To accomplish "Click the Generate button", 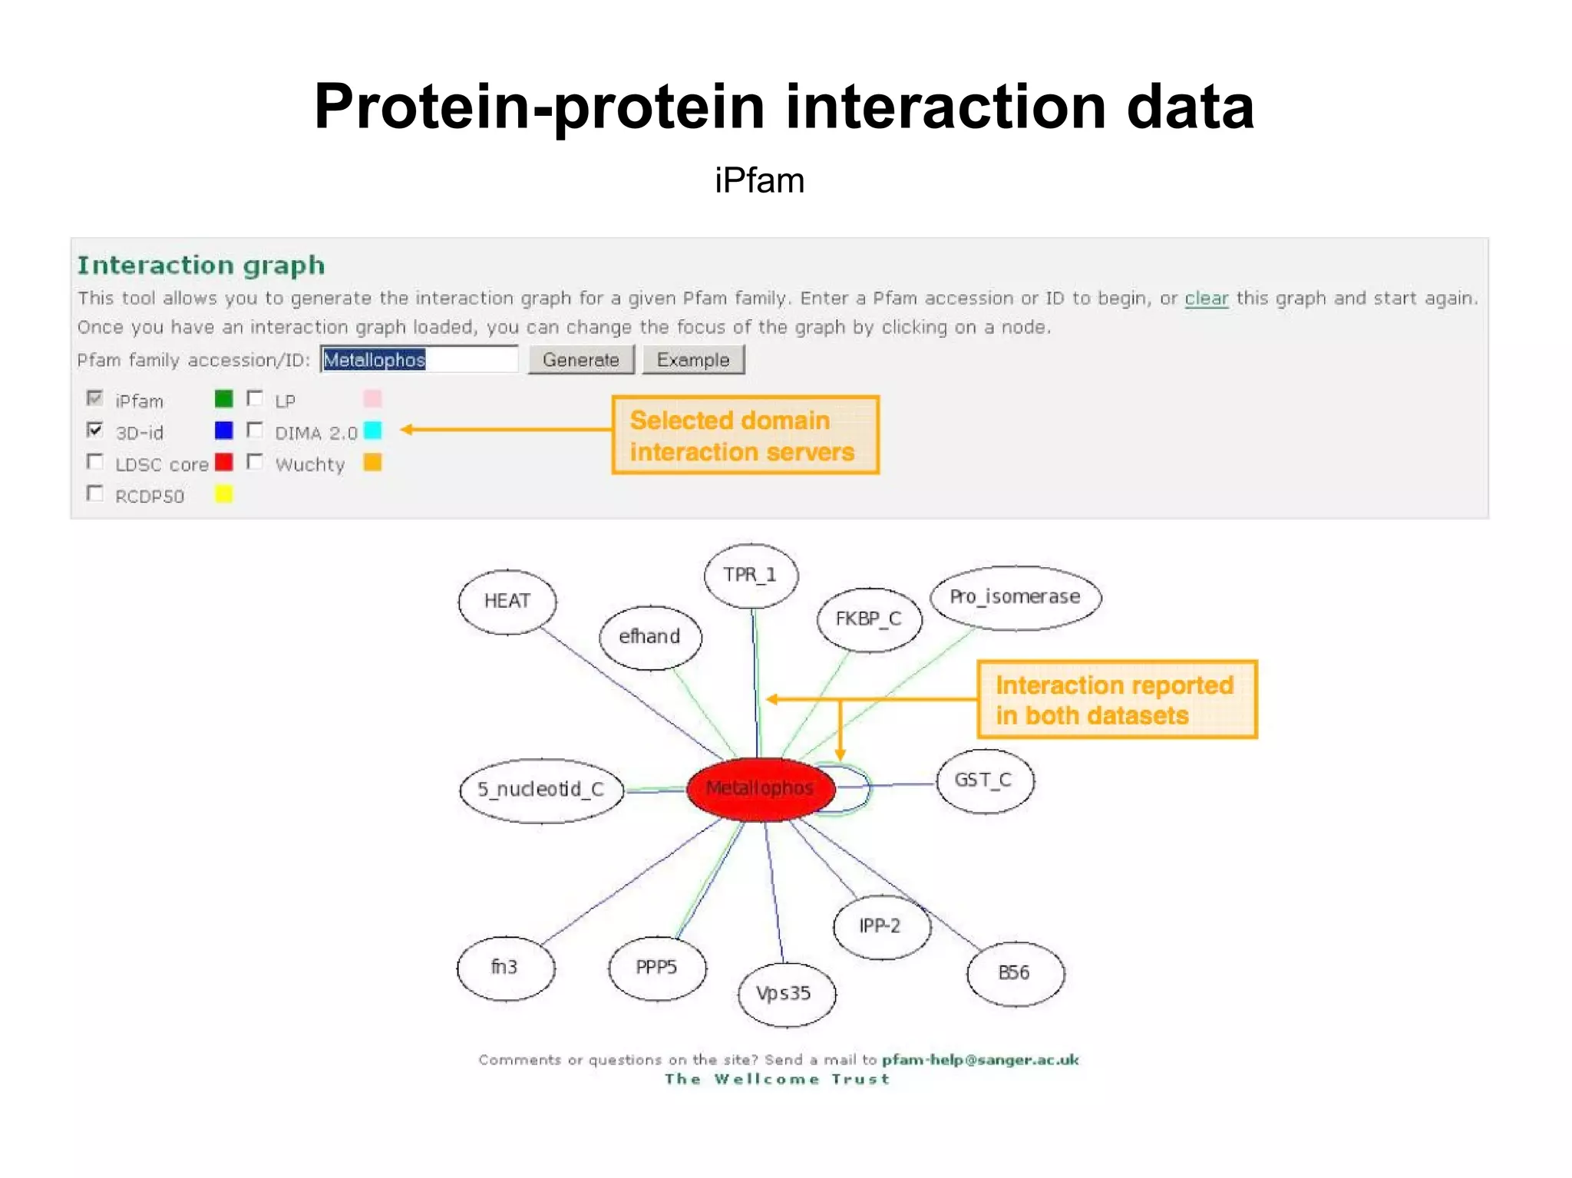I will click(580, 360).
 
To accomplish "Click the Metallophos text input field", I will click(418, 360).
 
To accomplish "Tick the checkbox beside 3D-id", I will click(95, 430).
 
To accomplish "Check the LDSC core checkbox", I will click(95, 462).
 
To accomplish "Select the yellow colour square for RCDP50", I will click(223, 493).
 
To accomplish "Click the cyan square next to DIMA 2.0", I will click(372, 431).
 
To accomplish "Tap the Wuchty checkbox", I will click(255, 462).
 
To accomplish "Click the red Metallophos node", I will click(760, 788).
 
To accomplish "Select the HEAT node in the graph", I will click(507, 601).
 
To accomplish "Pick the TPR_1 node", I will click(751, 575).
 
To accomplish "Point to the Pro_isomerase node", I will click(1015, 597).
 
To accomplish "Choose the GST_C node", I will click(984, 780).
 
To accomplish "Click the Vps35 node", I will click(784, 993).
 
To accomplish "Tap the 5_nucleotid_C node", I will click(541, 789).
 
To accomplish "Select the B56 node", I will click(1014, 973).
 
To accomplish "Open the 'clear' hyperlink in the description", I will click(1206, 298).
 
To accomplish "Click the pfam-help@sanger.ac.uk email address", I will click(979, 1060).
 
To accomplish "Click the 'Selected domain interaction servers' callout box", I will click(745, 435).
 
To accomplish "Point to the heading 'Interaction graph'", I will click(201, 266).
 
